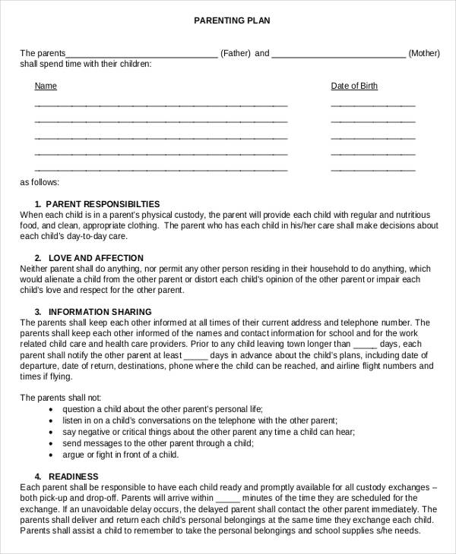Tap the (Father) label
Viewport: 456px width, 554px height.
point(235,54)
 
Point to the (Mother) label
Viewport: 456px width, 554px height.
point(424,54)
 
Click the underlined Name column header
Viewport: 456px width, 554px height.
point(46,86)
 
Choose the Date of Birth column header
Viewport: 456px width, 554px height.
point(354,86)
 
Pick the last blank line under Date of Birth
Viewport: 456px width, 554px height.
point(373,172)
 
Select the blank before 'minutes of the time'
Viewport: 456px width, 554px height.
point(228,499)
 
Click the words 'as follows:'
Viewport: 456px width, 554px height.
point(40,183)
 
